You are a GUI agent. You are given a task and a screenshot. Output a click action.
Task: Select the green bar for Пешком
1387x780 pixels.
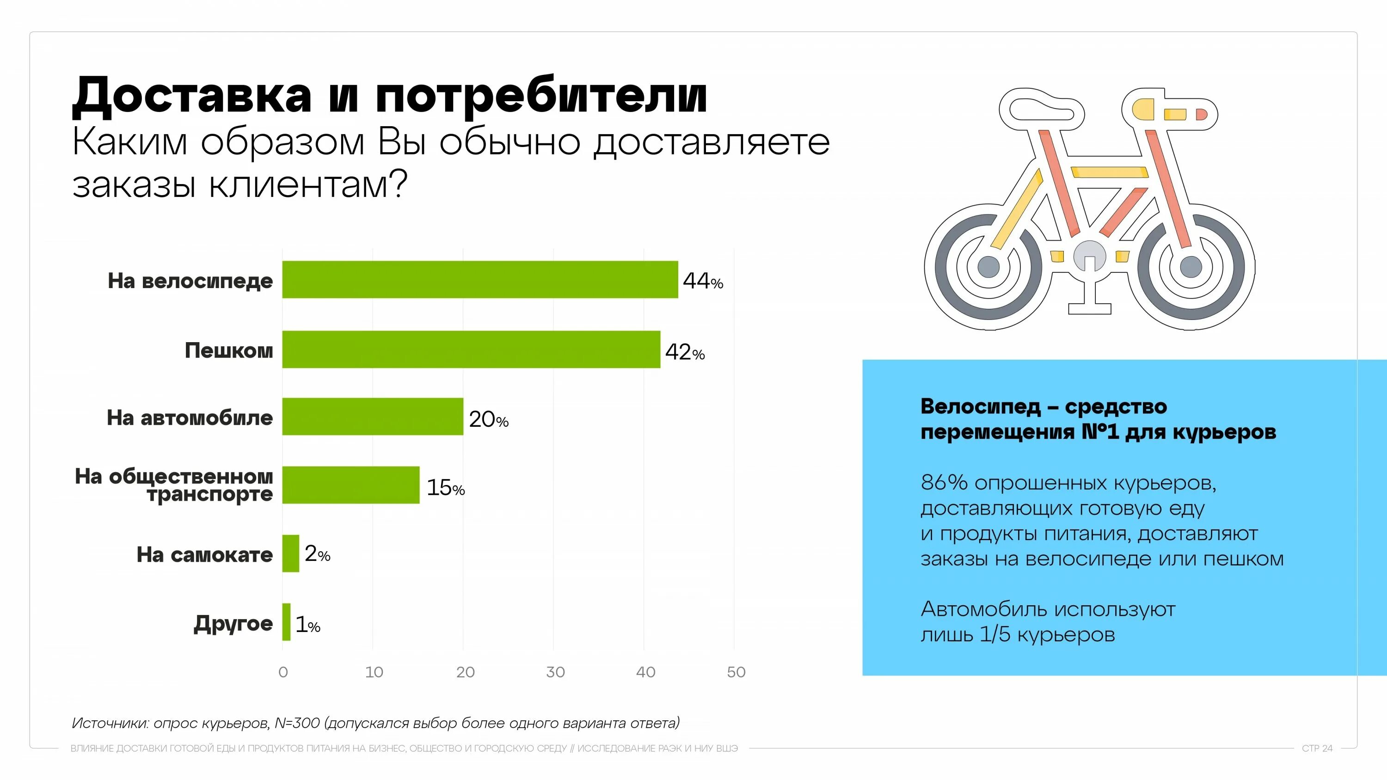tap(471, 350)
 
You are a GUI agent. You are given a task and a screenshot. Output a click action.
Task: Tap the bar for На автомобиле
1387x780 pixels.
tap(373, 417)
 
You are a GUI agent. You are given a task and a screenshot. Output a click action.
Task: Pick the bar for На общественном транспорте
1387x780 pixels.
tap(350, 485)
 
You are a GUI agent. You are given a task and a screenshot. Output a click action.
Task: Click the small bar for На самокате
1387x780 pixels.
tap(291, 553)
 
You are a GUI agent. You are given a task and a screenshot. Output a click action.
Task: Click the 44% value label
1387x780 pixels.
tap(703, 281)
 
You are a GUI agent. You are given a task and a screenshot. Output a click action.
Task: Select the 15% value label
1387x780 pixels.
tap(445, 488)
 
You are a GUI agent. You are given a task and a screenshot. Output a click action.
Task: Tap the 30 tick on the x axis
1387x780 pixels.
tap(555, 672)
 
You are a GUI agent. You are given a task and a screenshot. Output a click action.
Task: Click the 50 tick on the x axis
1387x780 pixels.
tap(736, 672)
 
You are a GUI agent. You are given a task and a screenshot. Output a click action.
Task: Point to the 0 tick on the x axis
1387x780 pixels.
tap(283, 672)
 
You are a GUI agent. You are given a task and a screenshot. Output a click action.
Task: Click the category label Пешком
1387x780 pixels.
tap(229, 350)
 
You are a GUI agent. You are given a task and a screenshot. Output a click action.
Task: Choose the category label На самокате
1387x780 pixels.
tap(205, 554)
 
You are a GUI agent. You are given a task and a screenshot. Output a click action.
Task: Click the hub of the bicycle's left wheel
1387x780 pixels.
tap(988, 266)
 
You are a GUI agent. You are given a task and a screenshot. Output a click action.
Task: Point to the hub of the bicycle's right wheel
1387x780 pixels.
tap(1191, 266)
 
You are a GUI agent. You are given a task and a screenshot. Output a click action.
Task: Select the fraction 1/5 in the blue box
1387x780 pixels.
tap(994, 635)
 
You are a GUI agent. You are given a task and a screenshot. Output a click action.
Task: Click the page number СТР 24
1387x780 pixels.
tap(1317, 748)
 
